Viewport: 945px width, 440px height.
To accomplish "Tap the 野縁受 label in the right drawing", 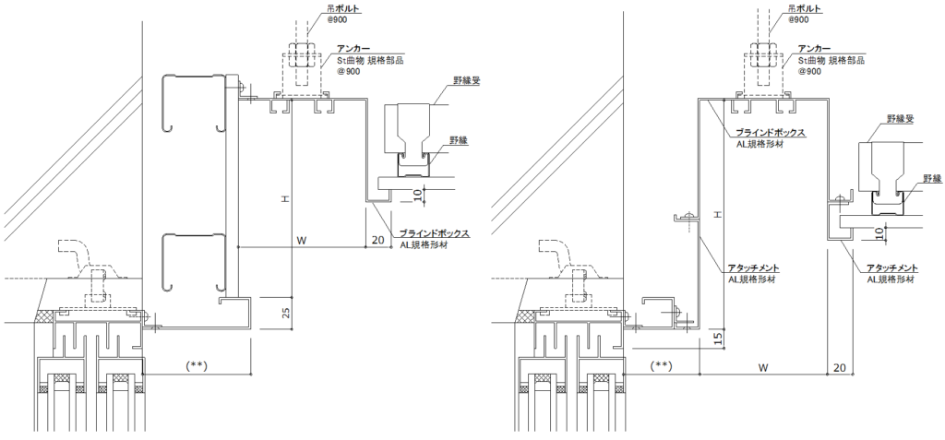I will coord(900,119).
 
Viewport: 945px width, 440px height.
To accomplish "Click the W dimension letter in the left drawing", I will coord(302,240).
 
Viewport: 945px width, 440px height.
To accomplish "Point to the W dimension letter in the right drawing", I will coord(762,366).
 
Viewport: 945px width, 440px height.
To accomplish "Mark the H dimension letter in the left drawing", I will coord(286,197).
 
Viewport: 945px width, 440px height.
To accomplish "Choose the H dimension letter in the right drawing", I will coord(716,214).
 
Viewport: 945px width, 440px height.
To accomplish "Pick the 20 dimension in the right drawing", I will coord(838,366).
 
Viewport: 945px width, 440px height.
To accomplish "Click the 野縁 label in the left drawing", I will coord(459,140).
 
